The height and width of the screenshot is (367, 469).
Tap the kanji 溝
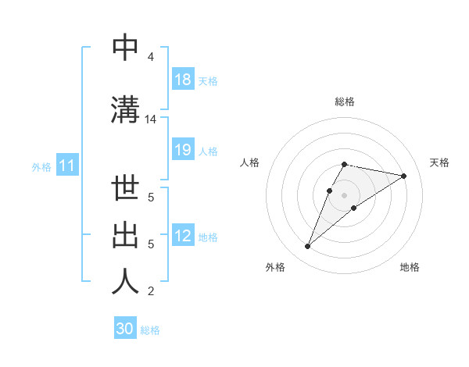(x=125, y=109)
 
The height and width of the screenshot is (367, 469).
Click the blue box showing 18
(x=183, y=80)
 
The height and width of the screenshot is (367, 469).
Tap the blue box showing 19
(x=183, y=150)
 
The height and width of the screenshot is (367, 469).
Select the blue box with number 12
(x=183, y=237)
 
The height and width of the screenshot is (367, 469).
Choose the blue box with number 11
(x=66, y=166)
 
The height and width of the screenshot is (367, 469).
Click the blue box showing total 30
(x=125, y=329)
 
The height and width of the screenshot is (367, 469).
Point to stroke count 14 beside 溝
(x=150, y=119)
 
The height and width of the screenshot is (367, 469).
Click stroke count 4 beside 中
(x=150, y=57)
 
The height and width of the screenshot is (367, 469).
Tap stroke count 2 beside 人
(x=150, y=291)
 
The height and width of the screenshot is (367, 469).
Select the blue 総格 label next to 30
(x=150, y=330)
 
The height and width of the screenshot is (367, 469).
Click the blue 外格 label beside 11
(x=41, y=167)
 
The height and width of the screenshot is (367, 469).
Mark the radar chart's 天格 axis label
(x=439, y=162)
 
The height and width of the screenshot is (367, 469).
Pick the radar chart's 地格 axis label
(x=410, y=267)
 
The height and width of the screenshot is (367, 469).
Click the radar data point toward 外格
(x=308, y=247)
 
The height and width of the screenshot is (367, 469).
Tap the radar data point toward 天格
(x=403, y=176)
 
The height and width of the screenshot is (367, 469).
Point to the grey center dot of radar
(x=344, y=194)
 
